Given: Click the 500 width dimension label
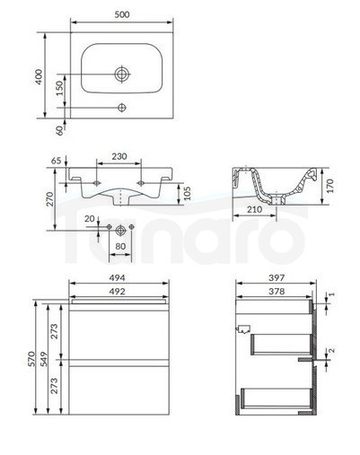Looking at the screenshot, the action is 122,14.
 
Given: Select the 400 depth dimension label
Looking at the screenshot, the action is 39,77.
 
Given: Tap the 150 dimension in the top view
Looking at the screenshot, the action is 59,88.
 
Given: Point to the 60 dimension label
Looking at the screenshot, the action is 60,131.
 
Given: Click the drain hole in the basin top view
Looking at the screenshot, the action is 122,74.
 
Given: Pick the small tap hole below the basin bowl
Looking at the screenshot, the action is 122,108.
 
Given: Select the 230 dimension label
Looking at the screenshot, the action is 119,156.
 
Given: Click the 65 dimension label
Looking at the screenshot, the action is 56,161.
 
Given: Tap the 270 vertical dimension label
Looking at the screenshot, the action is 49,199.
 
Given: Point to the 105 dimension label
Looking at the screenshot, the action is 186,194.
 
